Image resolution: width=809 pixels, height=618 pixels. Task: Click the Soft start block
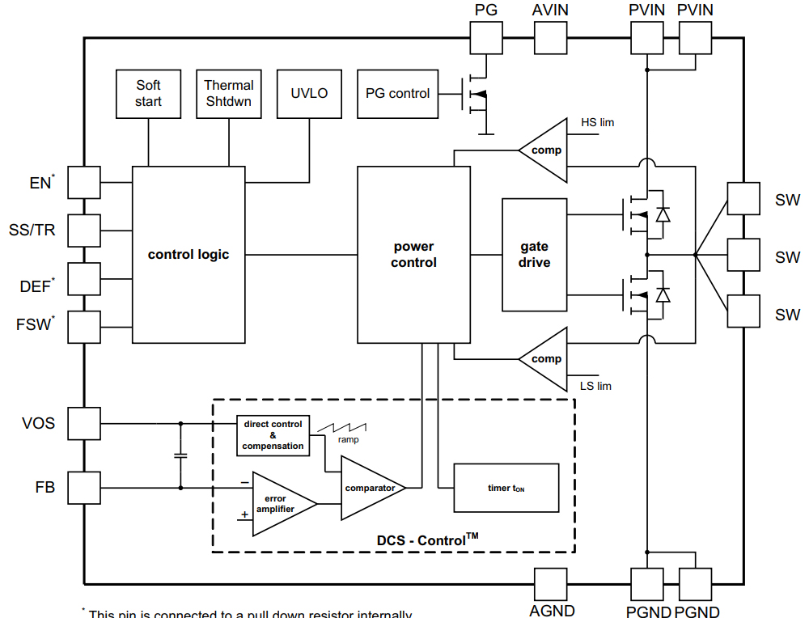point(148,94)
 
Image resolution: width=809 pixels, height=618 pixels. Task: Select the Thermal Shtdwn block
point(229,94)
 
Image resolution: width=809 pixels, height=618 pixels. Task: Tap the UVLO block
point(309,94)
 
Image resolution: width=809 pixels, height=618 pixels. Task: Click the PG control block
point(397,94)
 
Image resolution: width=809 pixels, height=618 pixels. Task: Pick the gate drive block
point(534,255)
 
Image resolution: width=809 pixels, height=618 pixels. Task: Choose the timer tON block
point(506,488)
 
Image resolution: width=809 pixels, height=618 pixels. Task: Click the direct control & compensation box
point(273,436)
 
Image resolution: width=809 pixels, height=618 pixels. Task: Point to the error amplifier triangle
point(279,503)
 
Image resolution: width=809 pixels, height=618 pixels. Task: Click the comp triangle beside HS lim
point(544,150)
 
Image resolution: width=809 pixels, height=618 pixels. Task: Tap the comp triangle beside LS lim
point(544,358)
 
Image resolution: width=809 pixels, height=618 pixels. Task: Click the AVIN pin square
point(550,37)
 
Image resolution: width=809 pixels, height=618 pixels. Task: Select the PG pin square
point(486,37)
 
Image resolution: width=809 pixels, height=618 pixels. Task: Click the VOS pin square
point(84,423)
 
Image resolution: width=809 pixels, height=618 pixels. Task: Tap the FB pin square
point(84,488)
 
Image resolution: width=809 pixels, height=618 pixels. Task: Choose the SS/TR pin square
point(84,231)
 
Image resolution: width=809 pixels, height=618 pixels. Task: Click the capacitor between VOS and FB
point(180,455)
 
